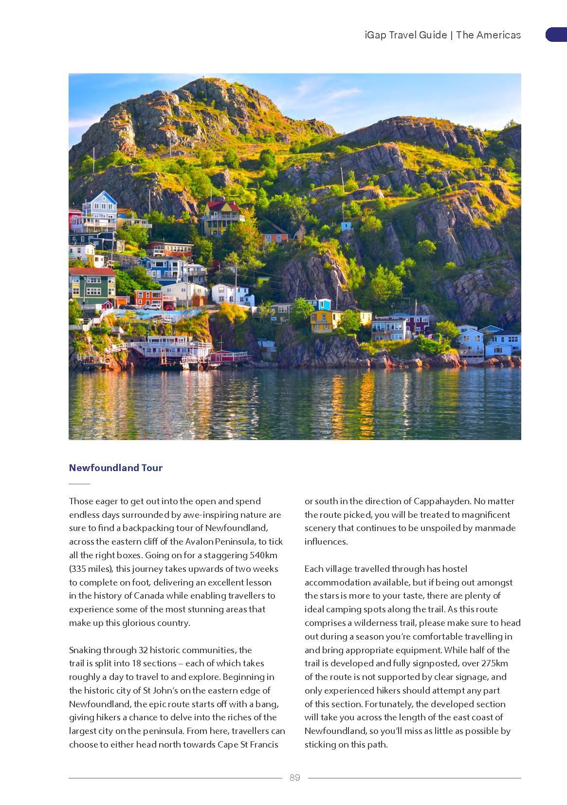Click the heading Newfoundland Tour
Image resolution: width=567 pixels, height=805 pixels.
[116, 468]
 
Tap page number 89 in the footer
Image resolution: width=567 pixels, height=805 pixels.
[295, 777]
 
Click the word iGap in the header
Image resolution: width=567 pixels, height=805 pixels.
[376, 35]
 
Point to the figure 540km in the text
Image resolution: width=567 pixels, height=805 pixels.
[263, 555]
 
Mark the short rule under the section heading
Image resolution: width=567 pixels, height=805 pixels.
[79, 484]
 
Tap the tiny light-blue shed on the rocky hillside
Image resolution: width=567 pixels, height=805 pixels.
[346, 226]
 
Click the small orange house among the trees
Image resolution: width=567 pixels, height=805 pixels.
[275, 238]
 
